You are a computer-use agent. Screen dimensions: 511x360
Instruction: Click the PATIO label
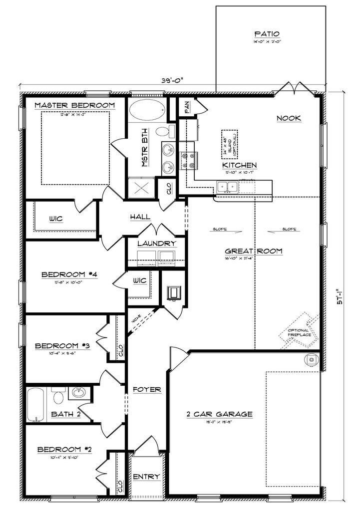[267, 34]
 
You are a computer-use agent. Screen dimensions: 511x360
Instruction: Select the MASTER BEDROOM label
[75, 105]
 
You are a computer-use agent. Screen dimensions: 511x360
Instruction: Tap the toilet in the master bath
[165, 132]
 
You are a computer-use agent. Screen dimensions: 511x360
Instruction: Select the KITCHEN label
[240, 165]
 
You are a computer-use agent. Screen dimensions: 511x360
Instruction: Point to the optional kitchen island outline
[230, 145]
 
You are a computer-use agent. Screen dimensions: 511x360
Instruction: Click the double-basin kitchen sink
[227, 187]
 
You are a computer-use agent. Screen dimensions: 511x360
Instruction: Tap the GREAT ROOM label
[254, 251]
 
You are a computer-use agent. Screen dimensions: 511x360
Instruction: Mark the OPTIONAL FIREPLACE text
[300, 332]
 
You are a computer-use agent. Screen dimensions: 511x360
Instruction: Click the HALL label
[140, 217]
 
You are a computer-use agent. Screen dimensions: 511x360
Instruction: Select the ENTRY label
[146, 477]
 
